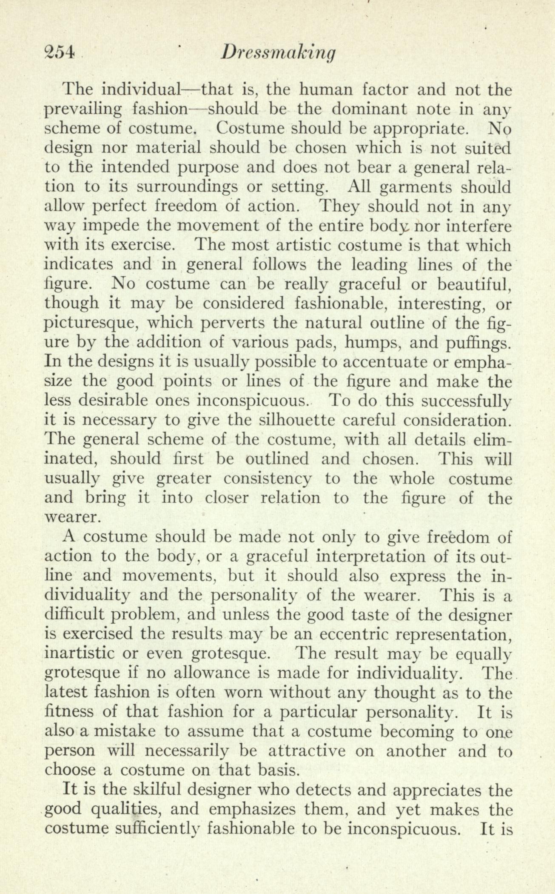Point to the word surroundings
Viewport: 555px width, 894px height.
pos(170,187)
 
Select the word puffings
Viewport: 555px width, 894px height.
pos(473,343)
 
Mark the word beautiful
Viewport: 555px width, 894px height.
pos(473,284)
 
